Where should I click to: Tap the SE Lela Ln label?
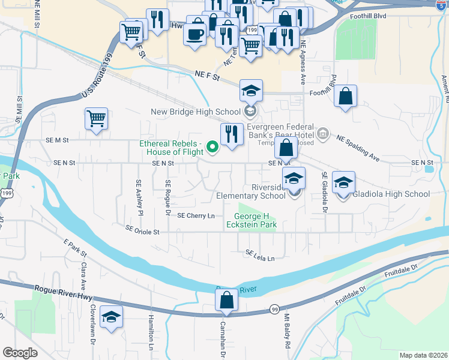pyautogui.click(x=259, y=257)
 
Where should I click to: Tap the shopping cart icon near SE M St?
pyautogui.click(x=96, y=119)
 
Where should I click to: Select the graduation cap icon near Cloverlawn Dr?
pyautogui.click(x=111, y=316)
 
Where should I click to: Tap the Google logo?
pyautogui.click(x=20, y=353)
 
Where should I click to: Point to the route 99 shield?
pyautogui.click(x=274, y=308)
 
